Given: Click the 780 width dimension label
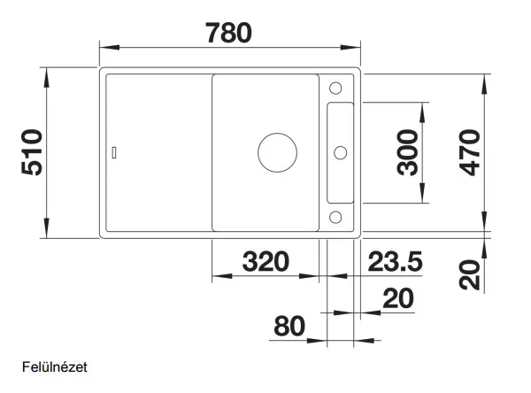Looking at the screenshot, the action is coord(228,33).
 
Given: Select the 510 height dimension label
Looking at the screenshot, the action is coord(32,152).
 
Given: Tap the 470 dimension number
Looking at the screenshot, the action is coord(469,152).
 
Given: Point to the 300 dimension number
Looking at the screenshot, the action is coord(408,152).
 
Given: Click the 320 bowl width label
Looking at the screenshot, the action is coord(265,261).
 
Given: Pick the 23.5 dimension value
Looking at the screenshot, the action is coord(396,261).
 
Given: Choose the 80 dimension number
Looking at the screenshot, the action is coord(289,326).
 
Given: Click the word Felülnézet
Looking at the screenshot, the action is coord(55,367).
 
